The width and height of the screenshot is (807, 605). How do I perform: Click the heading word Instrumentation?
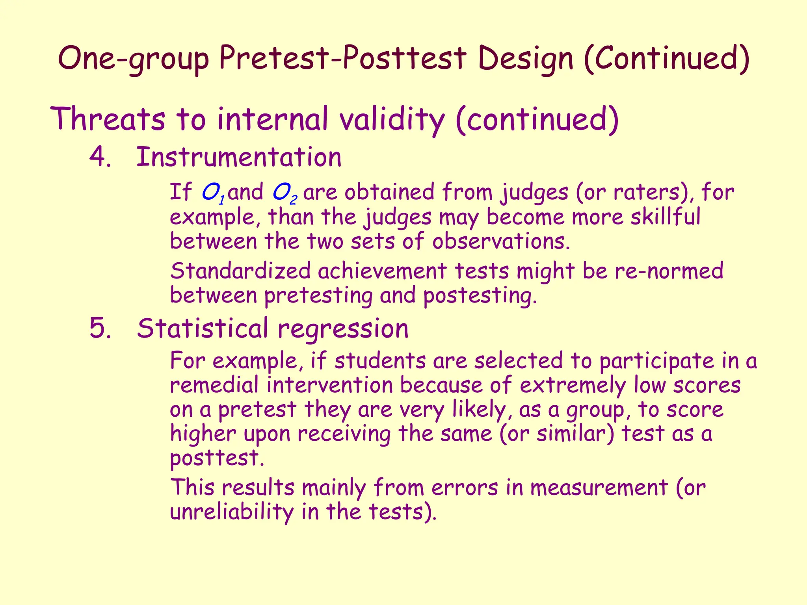pyautogui.click(x=239, y=157)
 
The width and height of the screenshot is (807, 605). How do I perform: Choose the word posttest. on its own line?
pyautogui.click(x=217, y=458)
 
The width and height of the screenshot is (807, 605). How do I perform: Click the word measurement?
pyautogui.click(x=599, y=488)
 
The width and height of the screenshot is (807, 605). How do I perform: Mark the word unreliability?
pyautogui.click(x=232, y=512)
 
